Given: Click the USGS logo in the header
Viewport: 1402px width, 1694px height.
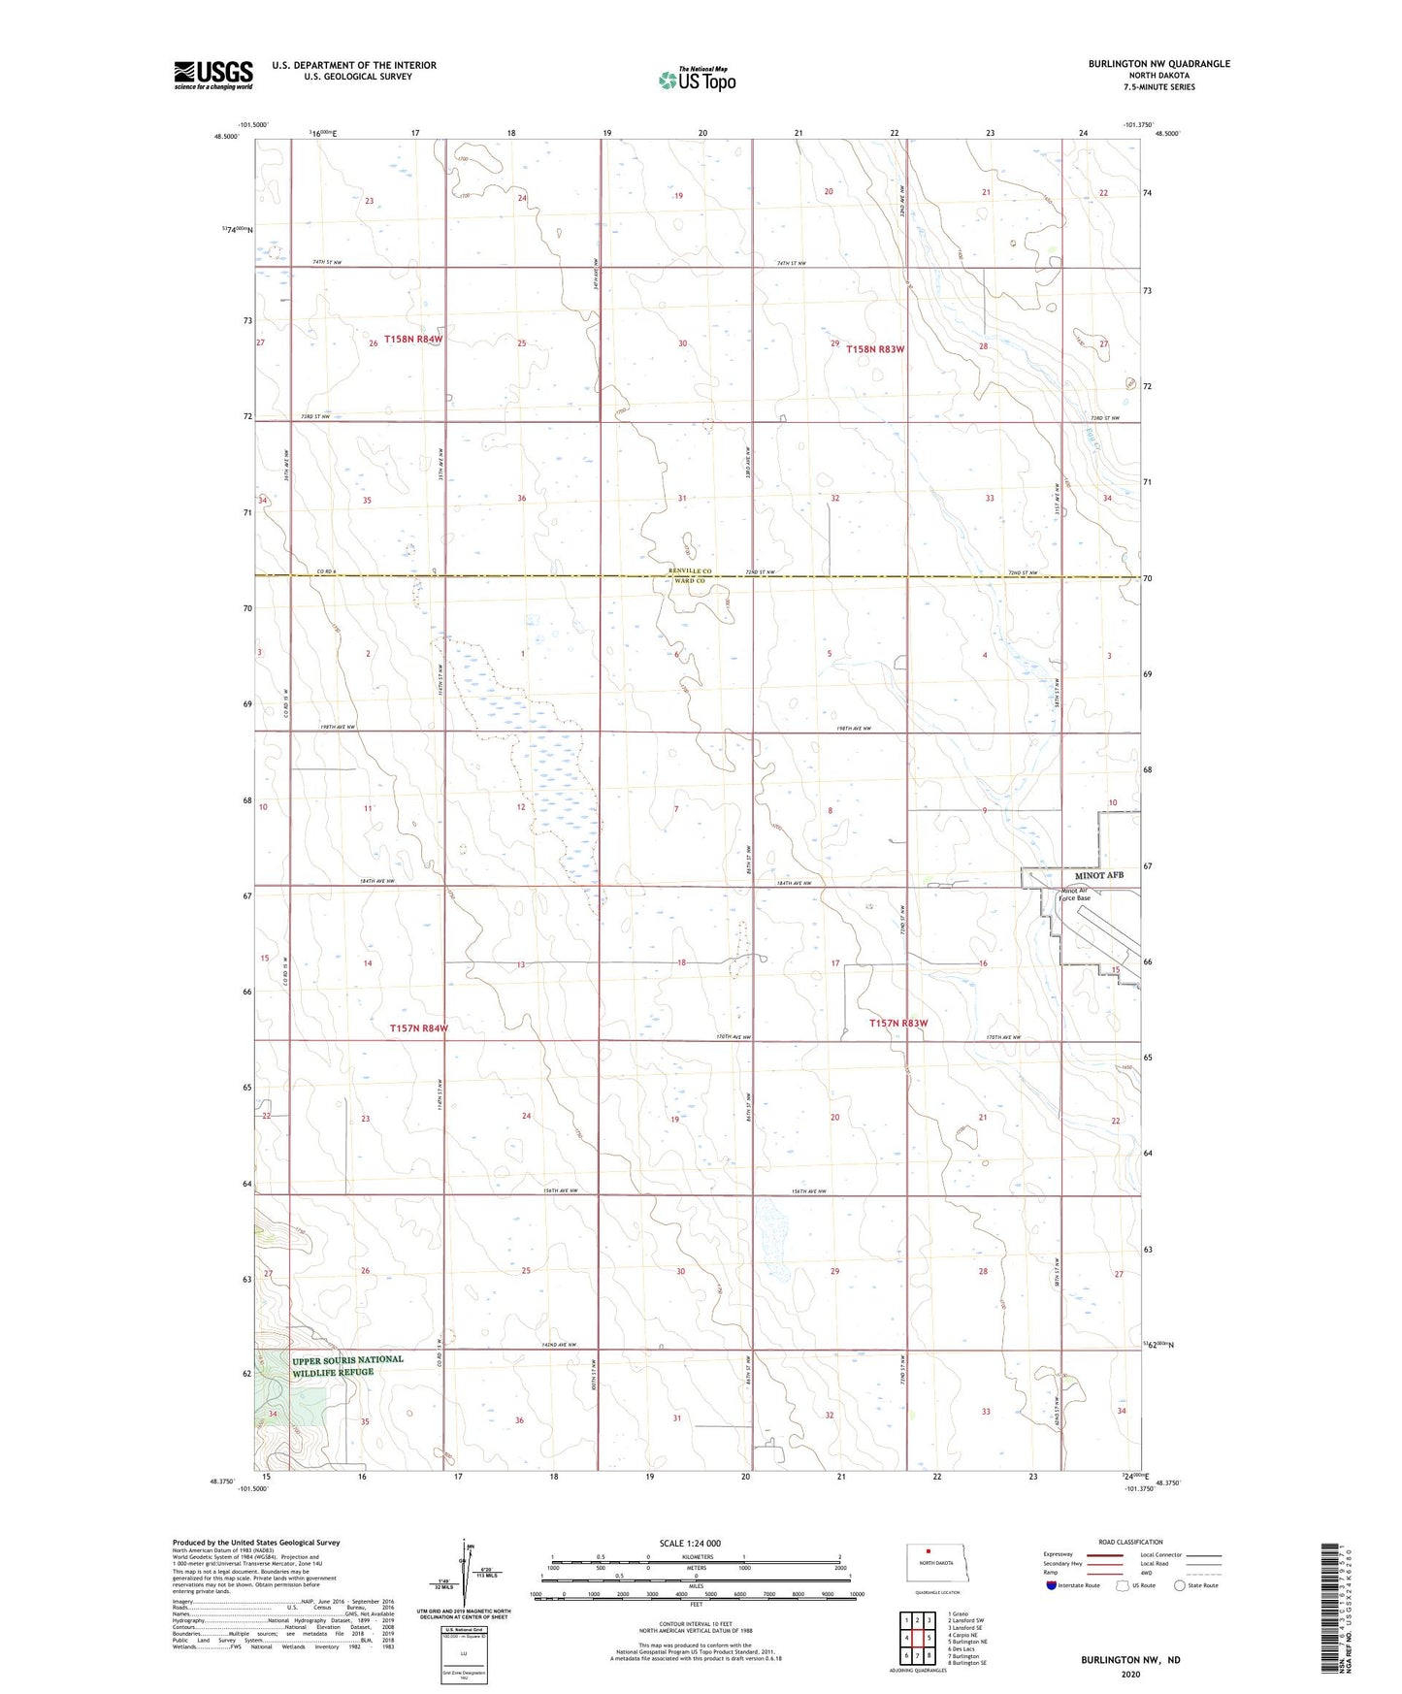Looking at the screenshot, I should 213,75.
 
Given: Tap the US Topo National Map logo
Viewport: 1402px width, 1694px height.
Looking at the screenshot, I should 697,79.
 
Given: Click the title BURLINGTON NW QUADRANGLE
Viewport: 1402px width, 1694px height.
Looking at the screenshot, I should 1158,64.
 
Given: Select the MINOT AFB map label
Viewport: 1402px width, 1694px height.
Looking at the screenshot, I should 1098,875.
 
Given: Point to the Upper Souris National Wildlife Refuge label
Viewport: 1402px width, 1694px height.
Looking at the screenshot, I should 347,1365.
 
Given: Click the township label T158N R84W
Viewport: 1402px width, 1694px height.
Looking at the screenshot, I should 413,340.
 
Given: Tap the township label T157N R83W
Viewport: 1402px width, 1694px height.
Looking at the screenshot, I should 898,1024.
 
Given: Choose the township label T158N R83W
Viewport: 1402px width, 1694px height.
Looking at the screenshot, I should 875,349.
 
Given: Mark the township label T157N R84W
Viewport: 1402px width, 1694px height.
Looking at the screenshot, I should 418,1028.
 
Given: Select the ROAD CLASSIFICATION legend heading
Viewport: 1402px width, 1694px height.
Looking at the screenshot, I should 1130,1542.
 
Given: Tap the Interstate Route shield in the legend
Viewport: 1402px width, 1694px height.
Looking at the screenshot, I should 1053,1585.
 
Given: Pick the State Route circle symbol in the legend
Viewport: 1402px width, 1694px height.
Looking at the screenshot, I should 1179,1585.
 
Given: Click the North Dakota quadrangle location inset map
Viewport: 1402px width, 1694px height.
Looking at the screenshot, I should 936,1564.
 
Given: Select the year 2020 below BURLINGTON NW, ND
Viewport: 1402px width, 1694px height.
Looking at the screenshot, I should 1129,1674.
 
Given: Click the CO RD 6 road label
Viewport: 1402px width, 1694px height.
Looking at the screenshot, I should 326,572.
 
